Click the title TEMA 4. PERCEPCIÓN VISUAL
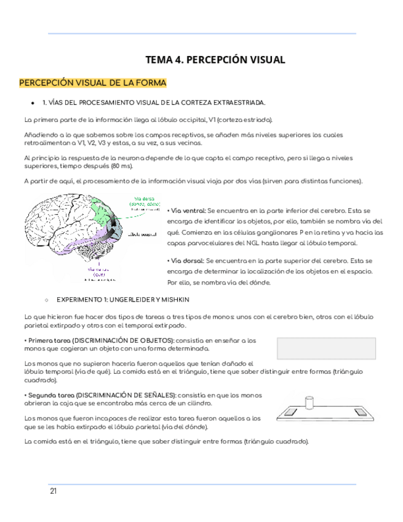(x=215, y=60)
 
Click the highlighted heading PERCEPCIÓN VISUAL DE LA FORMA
(x=93, y=83)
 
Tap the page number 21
(x=54, y=491)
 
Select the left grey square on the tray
(x=292, y=411)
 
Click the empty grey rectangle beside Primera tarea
(x=326, y=348)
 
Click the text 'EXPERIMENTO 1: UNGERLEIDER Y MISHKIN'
(x=123, y=299)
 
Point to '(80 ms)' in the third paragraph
(x=122, y=166)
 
